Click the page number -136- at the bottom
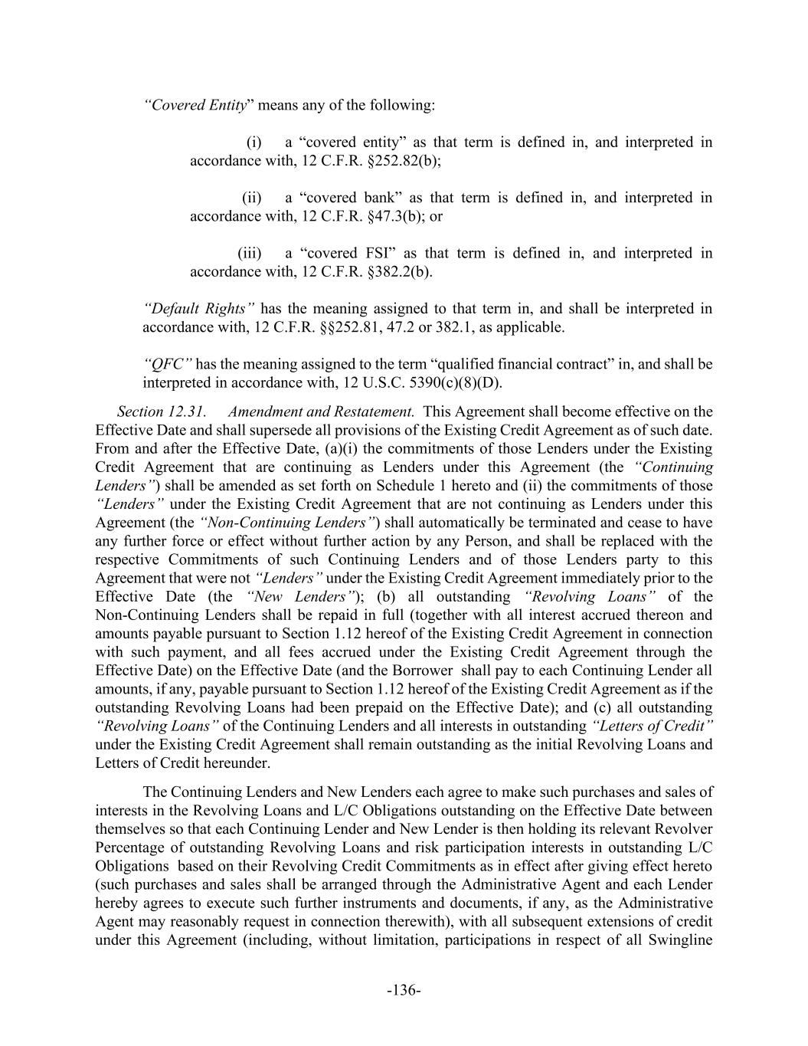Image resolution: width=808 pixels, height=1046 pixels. coord(404,991)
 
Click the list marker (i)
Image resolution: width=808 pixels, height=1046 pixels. coord(254,143)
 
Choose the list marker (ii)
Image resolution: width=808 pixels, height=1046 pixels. coord(252,198)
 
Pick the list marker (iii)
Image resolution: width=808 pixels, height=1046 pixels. coord(250,254)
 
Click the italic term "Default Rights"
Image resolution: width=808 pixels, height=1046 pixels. coord(198,309)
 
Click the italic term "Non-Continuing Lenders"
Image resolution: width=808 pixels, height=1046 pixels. coord(288,523)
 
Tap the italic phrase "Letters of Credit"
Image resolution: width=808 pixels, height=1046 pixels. coord(653,726)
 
